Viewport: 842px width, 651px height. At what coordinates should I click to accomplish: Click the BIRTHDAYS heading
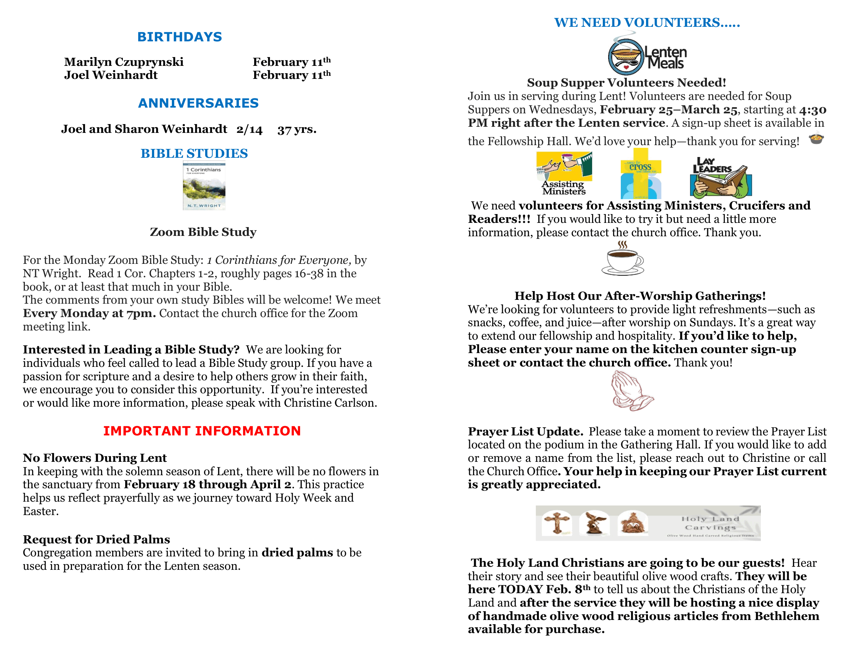[179, 37]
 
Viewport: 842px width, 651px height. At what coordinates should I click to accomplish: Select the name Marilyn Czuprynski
[124, 62]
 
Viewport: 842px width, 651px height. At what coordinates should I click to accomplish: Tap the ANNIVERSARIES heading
[198, 103]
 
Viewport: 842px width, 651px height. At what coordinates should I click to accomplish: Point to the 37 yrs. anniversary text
[297, 129]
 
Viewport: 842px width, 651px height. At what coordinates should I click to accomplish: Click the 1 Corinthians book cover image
[204, 186]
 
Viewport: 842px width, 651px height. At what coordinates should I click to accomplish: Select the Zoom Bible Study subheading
[203, 232]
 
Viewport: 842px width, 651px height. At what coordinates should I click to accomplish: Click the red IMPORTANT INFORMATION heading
[202, 431]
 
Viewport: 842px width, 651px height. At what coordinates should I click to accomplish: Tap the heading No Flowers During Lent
[95, 458]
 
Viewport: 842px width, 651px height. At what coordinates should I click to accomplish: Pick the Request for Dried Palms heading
[96, 540]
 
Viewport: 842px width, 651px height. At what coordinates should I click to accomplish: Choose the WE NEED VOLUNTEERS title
[647, 23]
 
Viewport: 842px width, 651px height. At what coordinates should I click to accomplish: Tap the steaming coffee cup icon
[623, 259]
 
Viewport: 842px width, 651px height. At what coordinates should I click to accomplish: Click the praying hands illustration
[631, 391]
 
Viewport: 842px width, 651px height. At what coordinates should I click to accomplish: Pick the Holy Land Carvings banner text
[710, 523]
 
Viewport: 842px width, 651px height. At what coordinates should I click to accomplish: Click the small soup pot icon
[816, 138]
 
